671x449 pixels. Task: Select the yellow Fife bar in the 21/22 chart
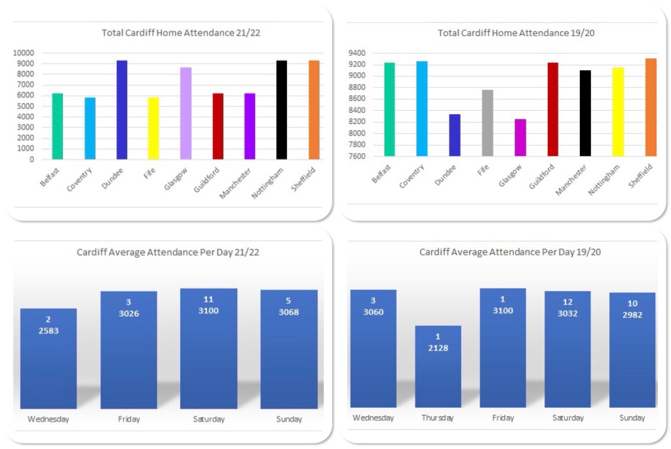click(153, 128)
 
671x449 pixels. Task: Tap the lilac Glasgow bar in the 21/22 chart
click(185, 113)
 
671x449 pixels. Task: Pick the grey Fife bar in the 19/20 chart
click(487, 123)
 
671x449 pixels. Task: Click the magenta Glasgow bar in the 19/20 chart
click(520, 138)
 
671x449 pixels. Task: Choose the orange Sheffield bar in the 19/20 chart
click(650, 107)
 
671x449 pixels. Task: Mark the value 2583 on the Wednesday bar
click(48, 330)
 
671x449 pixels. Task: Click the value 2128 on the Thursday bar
click(438, 347)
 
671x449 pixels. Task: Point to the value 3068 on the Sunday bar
click(289, 312)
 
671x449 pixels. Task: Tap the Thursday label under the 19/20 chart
click(438, 418)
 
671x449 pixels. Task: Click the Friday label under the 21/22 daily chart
click(128, 420)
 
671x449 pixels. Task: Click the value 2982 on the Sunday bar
click(632, 315)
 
